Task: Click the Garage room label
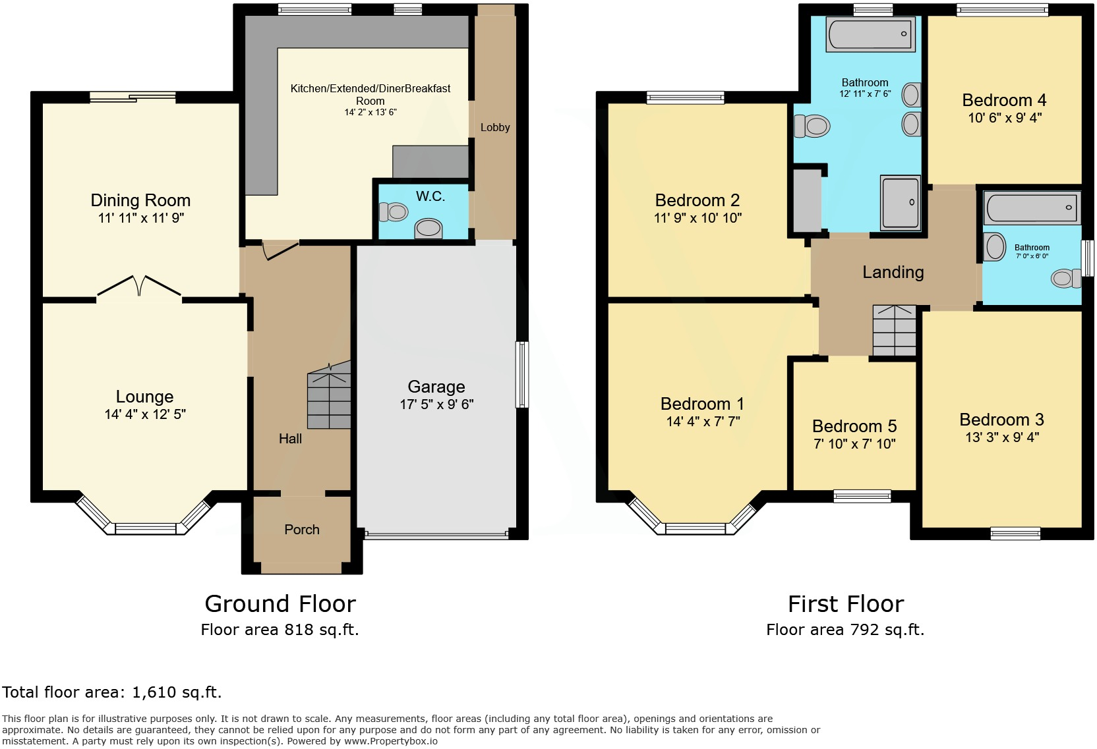pyautogui.click(x=436, y=387)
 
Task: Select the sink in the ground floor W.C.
pyautogui.click(x=429, y=229)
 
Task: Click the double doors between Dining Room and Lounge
pyautogui.click(x=139, y=287)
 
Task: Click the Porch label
pyautogui.click(x=302, y=530)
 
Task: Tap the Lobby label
pyautogui.click(x=495, y=127)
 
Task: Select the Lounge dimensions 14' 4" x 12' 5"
pyautogui.click(x=145, y=414)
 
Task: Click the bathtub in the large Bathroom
pyautogui.click(x=871, y=34)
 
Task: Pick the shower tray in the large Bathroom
pyautogui.click(x=901, y=203)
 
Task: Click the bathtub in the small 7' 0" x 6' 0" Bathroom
pyautogui.click(x=1032, y=208)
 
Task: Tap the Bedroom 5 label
pyautogui.click(x=854, y=426)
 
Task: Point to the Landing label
pyautogui.click(x=893, y=272)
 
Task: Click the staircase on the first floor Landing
pyautogui.click(x=895, y=331)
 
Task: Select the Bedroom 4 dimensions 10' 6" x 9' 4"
pyautogui.click(x=1005, y=118)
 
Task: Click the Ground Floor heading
pyautogui.click(x=280, y=603)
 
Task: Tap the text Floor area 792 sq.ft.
pyautogui.click(x=845, y=630)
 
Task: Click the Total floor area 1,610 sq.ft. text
pyautogui.click(x=112, y=692)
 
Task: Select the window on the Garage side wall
pyautogui.click(x=522, y=374)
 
